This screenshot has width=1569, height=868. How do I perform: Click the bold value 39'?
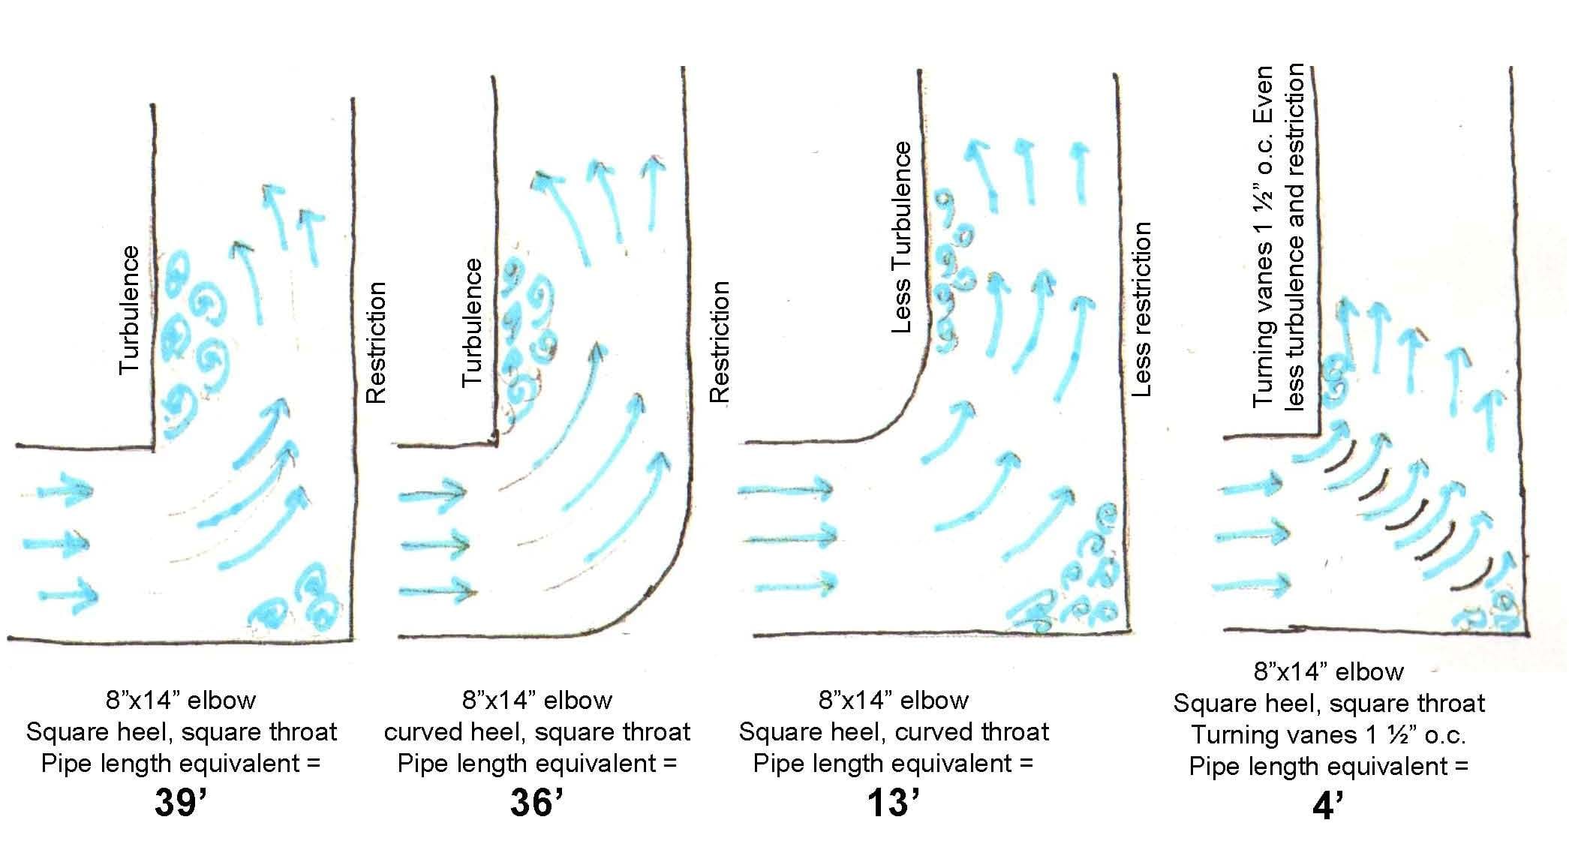180,803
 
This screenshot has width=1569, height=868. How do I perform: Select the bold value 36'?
537,803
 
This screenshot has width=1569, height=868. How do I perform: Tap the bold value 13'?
893,803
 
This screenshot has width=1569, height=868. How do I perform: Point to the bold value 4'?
1327,807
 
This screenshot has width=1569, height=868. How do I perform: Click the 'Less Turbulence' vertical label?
901,237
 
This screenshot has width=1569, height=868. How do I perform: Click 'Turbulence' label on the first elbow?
130,310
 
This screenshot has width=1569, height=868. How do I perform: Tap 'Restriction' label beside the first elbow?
374,342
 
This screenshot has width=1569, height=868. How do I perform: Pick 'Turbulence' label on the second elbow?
471,323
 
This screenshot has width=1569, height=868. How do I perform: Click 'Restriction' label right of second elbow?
719,342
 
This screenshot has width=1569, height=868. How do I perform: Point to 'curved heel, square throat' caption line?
537,731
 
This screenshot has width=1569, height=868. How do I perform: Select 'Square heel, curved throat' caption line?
893,731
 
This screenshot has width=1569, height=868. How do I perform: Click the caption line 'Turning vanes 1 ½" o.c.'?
1327,734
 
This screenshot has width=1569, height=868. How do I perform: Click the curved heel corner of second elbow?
660,593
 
